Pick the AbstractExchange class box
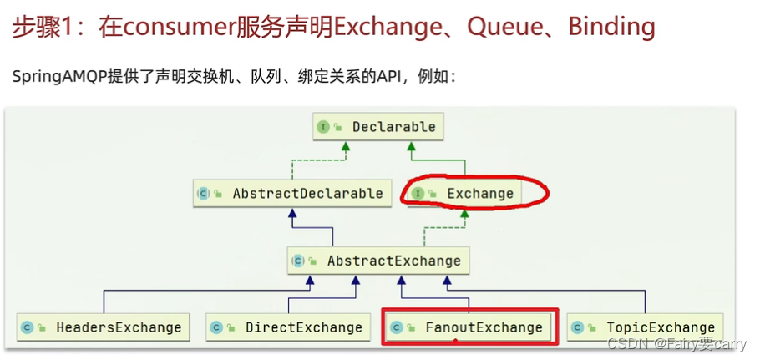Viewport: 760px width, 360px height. coord(378,261)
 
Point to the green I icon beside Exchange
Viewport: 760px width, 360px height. coord(418,194)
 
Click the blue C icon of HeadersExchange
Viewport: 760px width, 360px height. coord(27,327)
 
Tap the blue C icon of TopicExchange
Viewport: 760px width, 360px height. coord(577,327)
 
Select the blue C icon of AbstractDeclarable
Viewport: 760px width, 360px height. coord(203,194)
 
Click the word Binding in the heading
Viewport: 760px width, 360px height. coord(611,27)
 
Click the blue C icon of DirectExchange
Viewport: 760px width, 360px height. coord(216,327)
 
